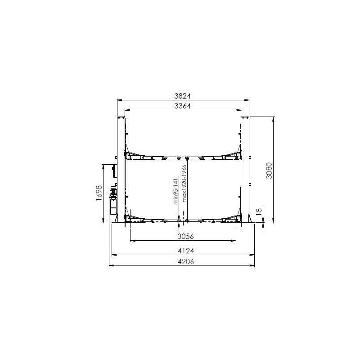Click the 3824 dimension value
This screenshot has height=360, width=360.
183,96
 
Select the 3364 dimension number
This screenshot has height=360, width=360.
183,106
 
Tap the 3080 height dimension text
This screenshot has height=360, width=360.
269,171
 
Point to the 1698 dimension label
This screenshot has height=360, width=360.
99,193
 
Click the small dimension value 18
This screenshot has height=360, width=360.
259,211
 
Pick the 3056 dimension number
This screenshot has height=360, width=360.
185,236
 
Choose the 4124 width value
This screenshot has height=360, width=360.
186,251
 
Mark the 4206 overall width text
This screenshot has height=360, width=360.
186,261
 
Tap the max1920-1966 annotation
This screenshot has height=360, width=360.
184,184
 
